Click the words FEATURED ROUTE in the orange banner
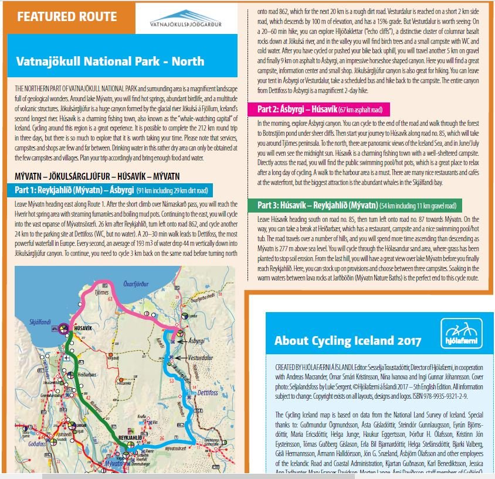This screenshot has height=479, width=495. click(x=67, y=16)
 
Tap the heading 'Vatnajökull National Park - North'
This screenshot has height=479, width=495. click(x=110, y=61)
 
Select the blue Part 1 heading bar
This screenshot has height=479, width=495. click(x=110, y=190)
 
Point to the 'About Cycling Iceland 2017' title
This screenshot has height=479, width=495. click(x=348, y=341)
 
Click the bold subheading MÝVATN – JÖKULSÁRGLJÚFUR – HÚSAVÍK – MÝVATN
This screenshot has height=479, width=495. click(x=97, y=176)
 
